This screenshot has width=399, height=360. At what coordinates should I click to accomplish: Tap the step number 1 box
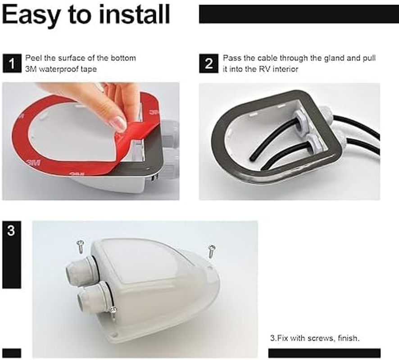coord(11,63)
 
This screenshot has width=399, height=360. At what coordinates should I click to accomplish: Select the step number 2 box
coord(209,63)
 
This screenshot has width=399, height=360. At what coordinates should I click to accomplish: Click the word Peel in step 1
coord(32,58)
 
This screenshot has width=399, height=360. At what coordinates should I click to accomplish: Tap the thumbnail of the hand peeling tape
coord(91,141)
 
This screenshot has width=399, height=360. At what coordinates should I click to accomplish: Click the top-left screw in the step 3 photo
coord(81,246)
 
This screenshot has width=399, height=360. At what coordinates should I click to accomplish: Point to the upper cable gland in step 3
coord(82,270)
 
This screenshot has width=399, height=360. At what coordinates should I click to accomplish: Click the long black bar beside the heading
coord(299,14)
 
